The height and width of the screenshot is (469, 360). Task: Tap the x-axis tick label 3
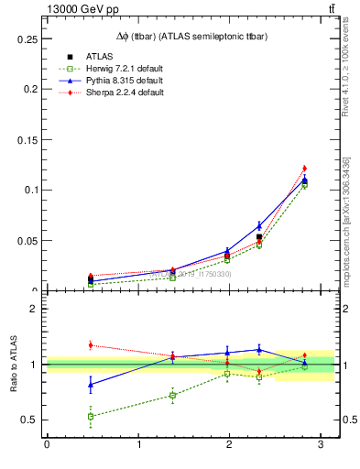(x=321, y=446)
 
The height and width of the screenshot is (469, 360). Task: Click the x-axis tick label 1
(x=138, y=446)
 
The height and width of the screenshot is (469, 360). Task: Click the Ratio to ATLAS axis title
(x=12, y=365)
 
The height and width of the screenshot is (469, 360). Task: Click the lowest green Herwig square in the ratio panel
(x=90, y=417)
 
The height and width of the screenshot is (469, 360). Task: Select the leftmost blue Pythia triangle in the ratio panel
(x=90, y=385)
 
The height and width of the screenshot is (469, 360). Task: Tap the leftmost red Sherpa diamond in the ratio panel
(x=90, y=344)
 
